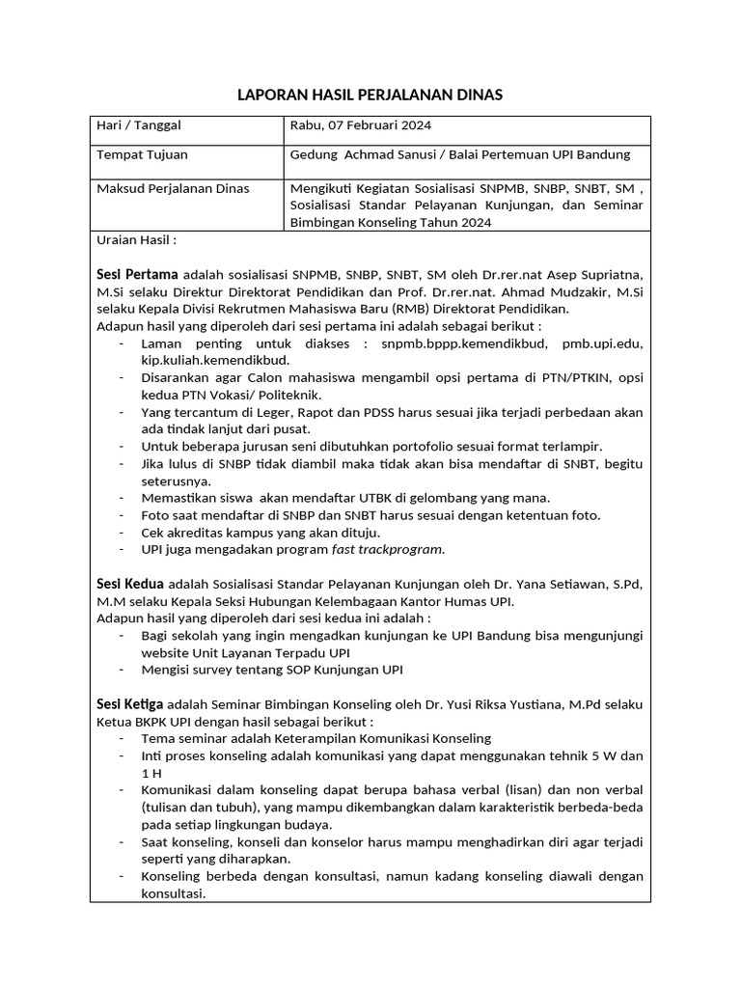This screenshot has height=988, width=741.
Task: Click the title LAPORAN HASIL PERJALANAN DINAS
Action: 370,95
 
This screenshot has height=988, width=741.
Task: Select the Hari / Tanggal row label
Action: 139,125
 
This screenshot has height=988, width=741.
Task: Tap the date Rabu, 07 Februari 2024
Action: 361,125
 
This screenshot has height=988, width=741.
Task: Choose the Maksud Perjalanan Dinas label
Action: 173,188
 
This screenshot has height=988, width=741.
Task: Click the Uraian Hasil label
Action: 136,239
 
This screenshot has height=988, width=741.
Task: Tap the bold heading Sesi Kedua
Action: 131,584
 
